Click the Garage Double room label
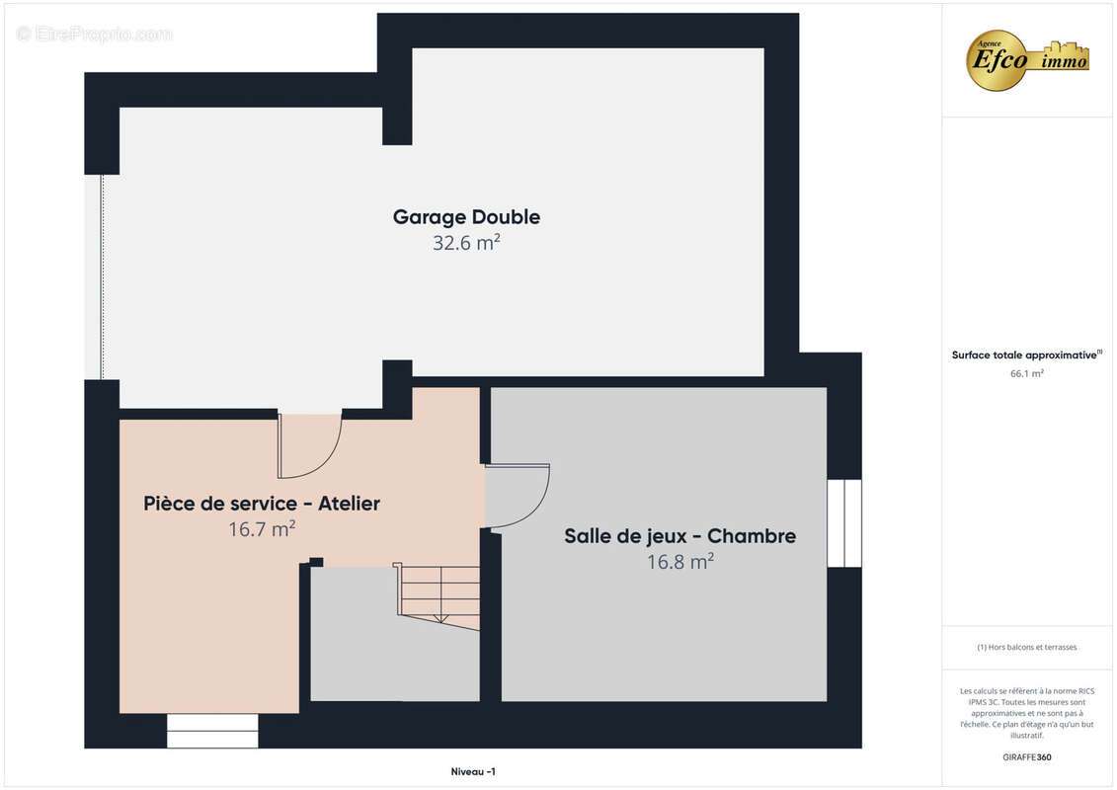(x=466, y=217)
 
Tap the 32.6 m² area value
(x=466, y=243)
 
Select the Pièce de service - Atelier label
(x=262, y=504)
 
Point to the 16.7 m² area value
(x=262, y=529)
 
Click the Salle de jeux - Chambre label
(x=679, y=536)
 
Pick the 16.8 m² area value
(x=679, y=562)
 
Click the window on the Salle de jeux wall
(x=844, y=523)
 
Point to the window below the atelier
(x=212, y=731)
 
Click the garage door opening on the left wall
(x=101, y=276)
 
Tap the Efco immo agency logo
(x=1027, y=59)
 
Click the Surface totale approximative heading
(x=1026, y=355)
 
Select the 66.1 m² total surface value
(x=1026, y=374)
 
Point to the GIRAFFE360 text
(x=1026, y=757)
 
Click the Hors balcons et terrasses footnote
(x=1026, y=647)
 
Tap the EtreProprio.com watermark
(x=95, y=34)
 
